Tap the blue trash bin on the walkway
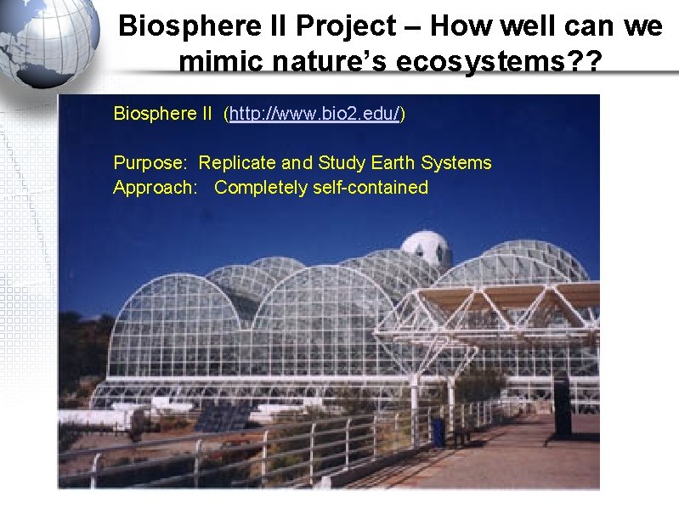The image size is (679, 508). pos(439,431)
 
